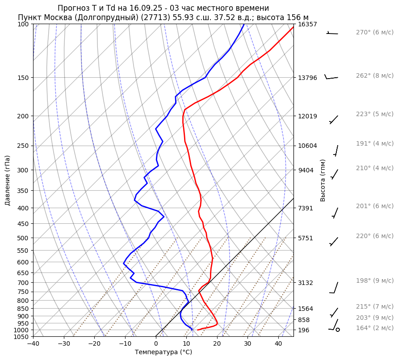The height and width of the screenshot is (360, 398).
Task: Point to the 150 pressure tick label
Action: [23, 78]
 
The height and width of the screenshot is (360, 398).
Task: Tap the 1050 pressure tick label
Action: [21, 337]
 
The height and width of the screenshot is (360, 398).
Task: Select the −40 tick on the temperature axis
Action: [33, 344]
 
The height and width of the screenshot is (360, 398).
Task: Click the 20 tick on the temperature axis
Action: [217, 344]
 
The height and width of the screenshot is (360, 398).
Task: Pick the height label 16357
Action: [307, 24]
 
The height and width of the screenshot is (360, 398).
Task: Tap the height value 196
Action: [304, 330]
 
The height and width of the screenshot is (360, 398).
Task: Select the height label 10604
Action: [307, 146]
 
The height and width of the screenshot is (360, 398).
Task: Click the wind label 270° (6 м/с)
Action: [374, 33]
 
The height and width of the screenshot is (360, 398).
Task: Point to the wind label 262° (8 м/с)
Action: [374, 76]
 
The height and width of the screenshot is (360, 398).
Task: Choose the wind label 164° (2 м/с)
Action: [374, 328]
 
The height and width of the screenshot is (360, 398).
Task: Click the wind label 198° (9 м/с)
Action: [374, 281]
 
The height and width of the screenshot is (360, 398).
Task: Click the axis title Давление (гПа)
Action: [8, 180]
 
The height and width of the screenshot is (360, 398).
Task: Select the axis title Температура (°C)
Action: [163, 352]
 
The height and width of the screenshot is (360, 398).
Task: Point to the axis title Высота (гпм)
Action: [323, 180]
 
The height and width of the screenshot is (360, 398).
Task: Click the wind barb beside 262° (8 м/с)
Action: [331, 78]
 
